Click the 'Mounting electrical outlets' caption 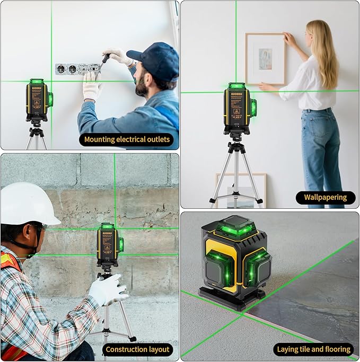[x=128, y=140]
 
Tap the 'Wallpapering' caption [x=325, y=197]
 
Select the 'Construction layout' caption [x=137, y=349]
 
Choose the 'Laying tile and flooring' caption [x=314, y=349]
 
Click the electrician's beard [x=143, y=88]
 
